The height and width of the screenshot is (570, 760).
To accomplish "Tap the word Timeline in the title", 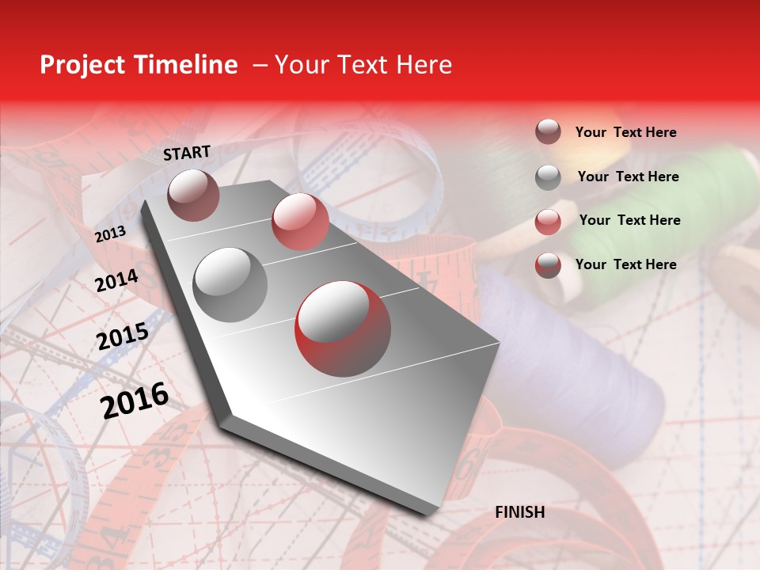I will pos(188,65).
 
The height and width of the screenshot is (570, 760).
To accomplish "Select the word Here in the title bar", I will pos(424,65).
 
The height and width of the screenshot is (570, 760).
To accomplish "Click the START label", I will pos(187,153).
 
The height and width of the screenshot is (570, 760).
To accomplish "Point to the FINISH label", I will pos(520,512).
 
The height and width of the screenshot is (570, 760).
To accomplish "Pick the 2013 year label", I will pos(110,234).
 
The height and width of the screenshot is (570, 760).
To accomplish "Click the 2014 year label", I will pos(116,280).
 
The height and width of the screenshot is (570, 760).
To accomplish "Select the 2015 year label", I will pos(123,336).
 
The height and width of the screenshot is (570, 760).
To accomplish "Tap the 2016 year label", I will pos(135,400).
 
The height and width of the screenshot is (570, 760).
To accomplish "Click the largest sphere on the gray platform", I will pos(343,329).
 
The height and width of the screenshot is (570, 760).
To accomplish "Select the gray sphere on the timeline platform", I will pos(230,285).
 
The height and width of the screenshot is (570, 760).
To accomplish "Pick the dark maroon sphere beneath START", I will pos(193,195).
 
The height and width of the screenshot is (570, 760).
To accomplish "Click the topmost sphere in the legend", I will pos(548,132).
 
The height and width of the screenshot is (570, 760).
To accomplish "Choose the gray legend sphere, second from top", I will pos(548,177).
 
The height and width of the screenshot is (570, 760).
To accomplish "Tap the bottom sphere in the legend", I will pos(548,265).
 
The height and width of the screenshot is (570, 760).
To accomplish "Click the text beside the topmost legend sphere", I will pos(625,132).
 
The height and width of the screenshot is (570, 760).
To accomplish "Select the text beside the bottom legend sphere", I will pos(625,264).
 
